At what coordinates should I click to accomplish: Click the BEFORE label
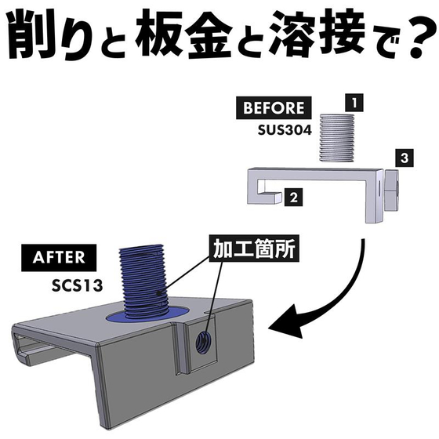pos(274,108)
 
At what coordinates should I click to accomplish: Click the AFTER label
pos(59,258)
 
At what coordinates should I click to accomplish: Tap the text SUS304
pos(285,130)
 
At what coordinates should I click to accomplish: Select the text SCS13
pos(77,286)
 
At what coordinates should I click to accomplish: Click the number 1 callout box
pos(354,103)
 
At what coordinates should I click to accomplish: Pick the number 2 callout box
pos(293,198)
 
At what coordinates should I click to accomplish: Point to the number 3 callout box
pos(405,158)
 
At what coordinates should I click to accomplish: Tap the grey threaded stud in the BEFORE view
pos(337,137)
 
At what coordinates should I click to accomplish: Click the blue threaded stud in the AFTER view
pos(143,282)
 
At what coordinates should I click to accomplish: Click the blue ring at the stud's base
pos(147,316)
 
